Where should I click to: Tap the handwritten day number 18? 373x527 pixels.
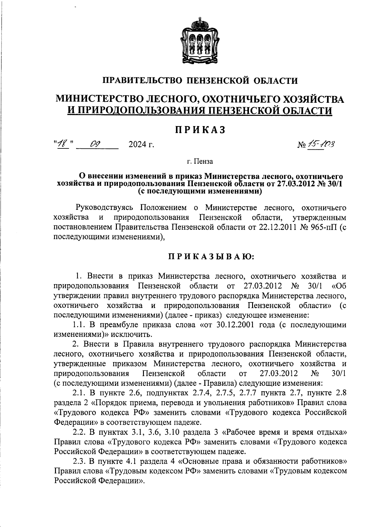(x=63, y=144)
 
